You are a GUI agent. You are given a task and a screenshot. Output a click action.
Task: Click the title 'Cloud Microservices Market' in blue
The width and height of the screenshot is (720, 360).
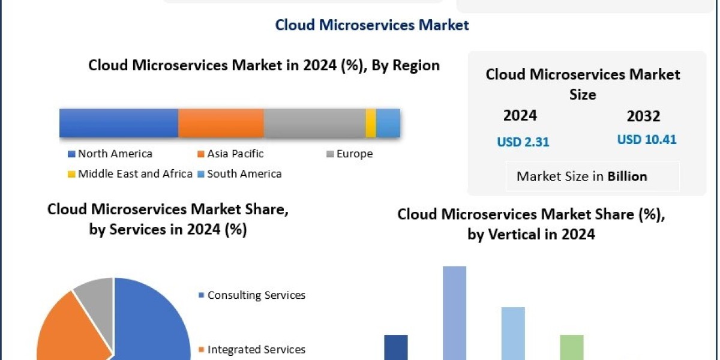[x=372, y=25]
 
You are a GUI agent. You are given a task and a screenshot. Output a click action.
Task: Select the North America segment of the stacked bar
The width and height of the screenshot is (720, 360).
[x=119, y=123]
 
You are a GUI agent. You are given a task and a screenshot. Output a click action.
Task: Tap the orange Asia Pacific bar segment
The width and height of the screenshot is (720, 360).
[x=221, y=123]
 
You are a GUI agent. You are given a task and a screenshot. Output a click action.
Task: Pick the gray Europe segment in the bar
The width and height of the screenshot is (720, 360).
[x=314, y=123]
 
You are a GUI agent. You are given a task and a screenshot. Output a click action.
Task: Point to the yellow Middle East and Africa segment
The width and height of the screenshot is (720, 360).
[x=371, y=123]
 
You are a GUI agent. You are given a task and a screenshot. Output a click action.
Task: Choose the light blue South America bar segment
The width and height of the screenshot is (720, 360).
[x=388, y=123]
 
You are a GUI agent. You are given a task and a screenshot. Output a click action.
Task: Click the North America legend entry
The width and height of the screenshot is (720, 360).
[x=115, y=154]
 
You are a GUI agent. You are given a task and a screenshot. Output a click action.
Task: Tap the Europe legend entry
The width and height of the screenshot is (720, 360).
[x=354, y=154]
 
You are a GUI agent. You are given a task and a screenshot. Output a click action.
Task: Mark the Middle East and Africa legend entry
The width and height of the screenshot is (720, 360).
[x=135, y=174]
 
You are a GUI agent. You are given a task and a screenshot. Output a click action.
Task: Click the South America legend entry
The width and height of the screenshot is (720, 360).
[x=244, y=174]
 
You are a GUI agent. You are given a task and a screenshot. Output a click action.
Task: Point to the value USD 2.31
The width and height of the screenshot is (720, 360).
[x=523, y=142]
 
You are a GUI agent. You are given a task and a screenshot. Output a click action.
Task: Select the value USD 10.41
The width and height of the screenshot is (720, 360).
[x=647, y=140]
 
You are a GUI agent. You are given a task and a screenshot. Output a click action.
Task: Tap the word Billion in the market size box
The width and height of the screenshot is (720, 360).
[x=627, y=176]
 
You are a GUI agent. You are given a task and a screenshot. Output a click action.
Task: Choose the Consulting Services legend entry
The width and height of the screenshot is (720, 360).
[x=256, y=295]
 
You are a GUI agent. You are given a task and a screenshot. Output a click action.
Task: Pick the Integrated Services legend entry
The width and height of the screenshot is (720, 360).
[x=256, y=349]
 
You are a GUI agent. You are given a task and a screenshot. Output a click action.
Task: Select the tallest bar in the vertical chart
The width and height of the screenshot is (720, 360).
[x=454, y=312]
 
